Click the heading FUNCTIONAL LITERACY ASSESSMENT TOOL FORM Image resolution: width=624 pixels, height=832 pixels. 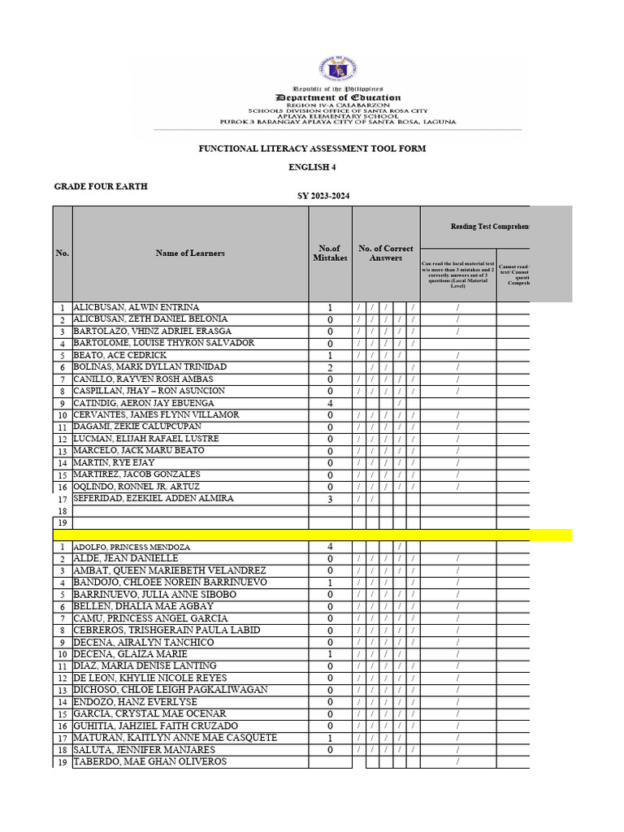(x=313, y=149)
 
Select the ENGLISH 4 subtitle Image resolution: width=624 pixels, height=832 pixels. (x=313, y=167)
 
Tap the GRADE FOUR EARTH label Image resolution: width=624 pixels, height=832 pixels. (x=101, y=187)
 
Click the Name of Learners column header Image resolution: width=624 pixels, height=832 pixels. (x=190, y=253)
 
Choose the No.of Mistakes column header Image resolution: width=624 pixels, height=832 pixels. (x=330, y=253)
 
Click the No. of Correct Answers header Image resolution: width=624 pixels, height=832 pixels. (x=386, y=253)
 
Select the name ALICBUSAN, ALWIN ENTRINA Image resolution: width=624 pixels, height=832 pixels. (x=136, y=308)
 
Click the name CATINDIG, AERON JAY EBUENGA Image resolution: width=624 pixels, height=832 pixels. (x=144, y=403)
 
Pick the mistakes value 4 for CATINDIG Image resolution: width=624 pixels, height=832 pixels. (x=330, y=404)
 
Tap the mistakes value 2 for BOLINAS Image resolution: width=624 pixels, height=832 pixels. (x=330, y=368)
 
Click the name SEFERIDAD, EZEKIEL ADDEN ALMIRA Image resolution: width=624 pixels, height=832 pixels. (x=154, y=498)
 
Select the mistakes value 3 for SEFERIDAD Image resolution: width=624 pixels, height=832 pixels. (x=330, y=499)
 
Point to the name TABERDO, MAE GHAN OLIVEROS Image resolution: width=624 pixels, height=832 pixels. (x=150, y=761)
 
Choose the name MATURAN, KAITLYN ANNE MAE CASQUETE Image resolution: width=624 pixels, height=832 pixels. (x=175, y=738)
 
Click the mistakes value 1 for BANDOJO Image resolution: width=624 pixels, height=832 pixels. (x=330, y=583)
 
